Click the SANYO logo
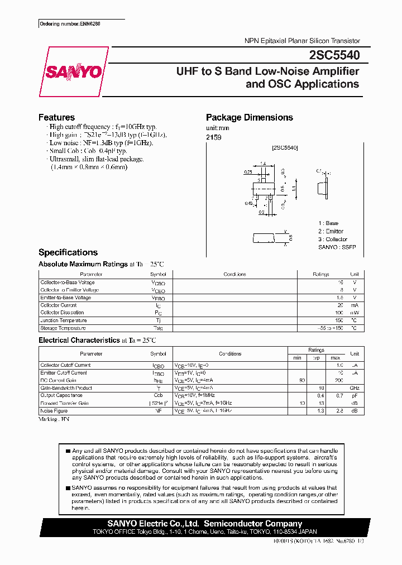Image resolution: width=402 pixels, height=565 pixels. click(74, 72)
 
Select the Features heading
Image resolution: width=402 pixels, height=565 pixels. click(56, 117)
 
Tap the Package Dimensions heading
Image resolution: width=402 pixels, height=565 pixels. click(249, 117)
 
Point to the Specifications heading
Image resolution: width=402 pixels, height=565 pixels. click(68, 252)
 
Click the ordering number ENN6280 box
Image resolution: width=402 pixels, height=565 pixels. click(70, 25)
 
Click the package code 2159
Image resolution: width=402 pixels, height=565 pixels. click(214, 137)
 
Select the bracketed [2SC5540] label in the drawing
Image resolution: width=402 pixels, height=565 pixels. click(285, 148)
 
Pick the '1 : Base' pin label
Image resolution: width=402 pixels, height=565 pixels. click(328, 223)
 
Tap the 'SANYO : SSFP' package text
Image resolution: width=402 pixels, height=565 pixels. click(337, 247)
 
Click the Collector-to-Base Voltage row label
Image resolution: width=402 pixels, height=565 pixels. click(67, 282)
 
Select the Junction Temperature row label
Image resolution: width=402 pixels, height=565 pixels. click(64, 320)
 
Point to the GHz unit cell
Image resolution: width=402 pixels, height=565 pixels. click(354, 388)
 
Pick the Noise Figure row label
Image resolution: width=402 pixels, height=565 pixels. click(54, 410)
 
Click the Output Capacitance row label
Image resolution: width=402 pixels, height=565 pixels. click(61, 395)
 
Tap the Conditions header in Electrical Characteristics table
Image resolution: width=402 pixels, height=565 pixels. click(230, 354)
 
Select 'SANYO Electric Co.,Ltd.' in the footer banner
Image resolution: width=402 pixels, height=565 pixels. click(153, 524)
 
